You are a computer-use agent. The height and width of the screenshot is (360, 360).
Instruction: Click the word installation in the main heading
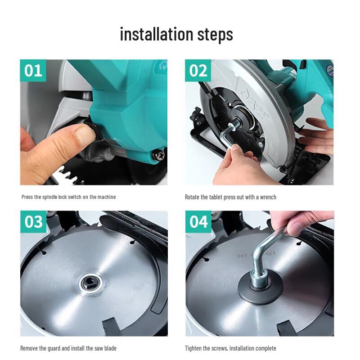pos(157,34)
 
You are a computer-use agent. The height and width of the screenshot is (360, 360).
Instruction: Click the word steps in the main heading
pos(215,35)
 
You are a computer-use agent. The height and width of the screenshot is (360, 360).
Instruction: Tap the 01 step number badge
pos(33,71)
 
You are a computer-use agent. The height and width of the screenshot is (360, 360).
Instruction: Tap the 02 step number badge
pos(198,71)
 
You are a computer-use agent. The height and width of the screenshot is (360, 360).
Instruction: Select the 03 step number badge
pos(33,221)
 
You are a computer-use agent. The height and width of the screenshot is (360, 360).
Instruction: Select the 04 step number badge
pos(198,221)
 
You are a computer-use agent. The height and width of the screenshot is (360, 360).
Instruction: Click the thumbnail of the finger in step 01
pos(85,135)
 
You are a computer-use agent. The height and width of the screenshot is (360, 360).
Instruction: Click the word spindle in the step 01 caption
pos(50,197)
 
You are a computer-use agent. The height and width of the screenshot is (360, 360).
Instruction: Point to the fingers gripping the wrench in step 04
pos(298,222)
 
